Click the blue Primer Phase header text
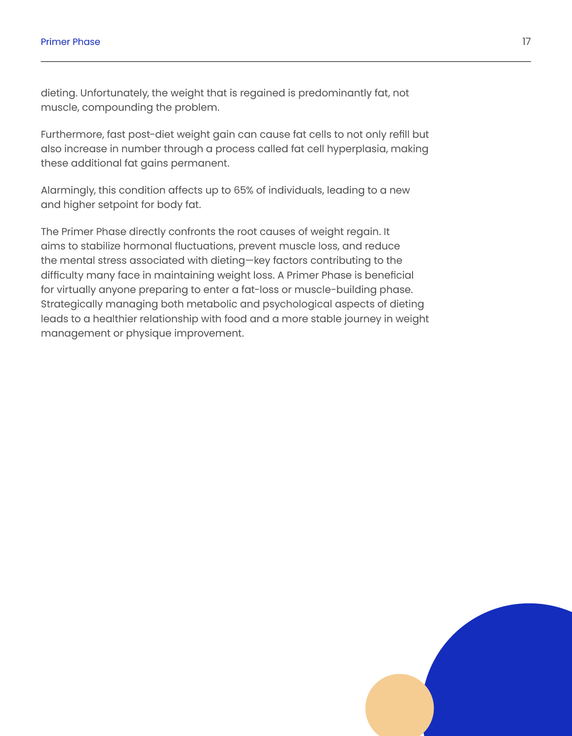70,42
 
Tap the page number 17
526,41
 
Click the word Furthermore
72,134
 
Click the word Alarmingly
68,190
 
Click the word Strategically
72,304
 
